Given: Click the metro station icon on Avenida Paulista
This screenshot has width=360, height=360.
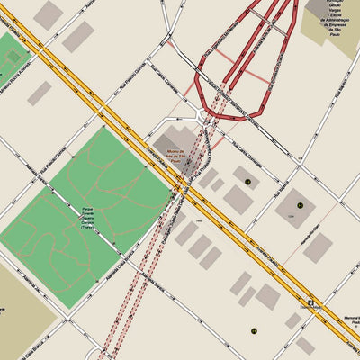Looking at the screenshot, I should (311, 303).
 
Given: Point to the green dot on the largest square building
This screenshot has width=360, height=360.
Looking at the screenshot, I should (300, 205).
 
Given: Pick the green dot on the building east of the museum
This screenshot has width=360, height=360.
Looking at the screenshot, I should (247, 183).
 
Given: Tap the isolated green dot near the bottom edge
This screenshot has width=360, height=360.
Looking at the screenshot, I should (254, 331).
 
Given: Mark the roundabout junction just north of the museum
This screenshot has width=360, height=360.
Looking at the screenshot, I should (200, 113).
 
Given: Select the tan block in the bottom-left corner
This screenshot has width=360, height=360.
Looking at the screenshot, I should (22, 310).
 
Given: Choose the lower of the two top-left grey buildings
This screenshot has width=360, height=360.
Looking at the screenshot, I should (77, 36).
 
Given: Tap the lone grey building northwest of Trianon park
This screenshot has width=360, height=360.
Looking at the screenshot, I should (39, 93).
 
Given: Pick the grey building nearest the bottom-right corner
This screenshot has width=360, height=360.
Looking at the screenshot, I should (305, 345).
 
